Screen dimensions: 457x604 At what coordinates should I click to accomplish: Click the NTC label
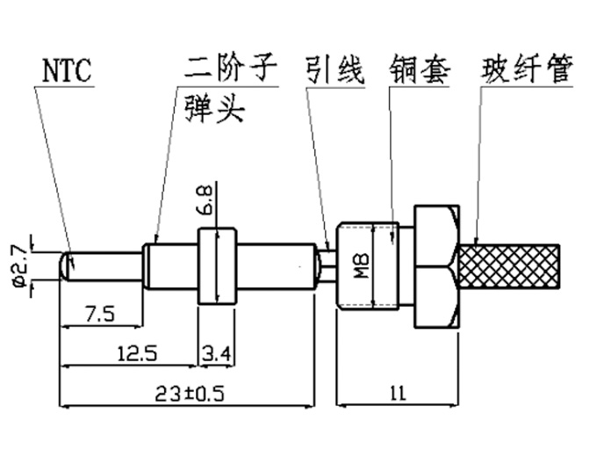click(x=67, y=69)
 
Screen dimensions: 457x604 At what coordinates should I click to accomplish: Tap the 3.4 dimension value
click(x=215, y=353)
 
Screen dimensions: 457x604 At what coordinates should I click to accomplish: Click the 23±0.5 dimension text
click(x=188, y=394)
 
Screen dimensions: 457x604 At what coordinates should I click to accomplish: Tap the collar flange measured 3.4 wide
click(x=216, y=265)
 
